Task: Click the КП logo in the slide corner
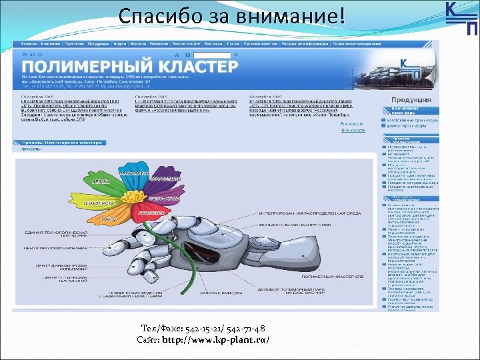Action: coord(461,18)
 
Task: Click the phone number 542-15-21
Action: coord(199,329)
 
